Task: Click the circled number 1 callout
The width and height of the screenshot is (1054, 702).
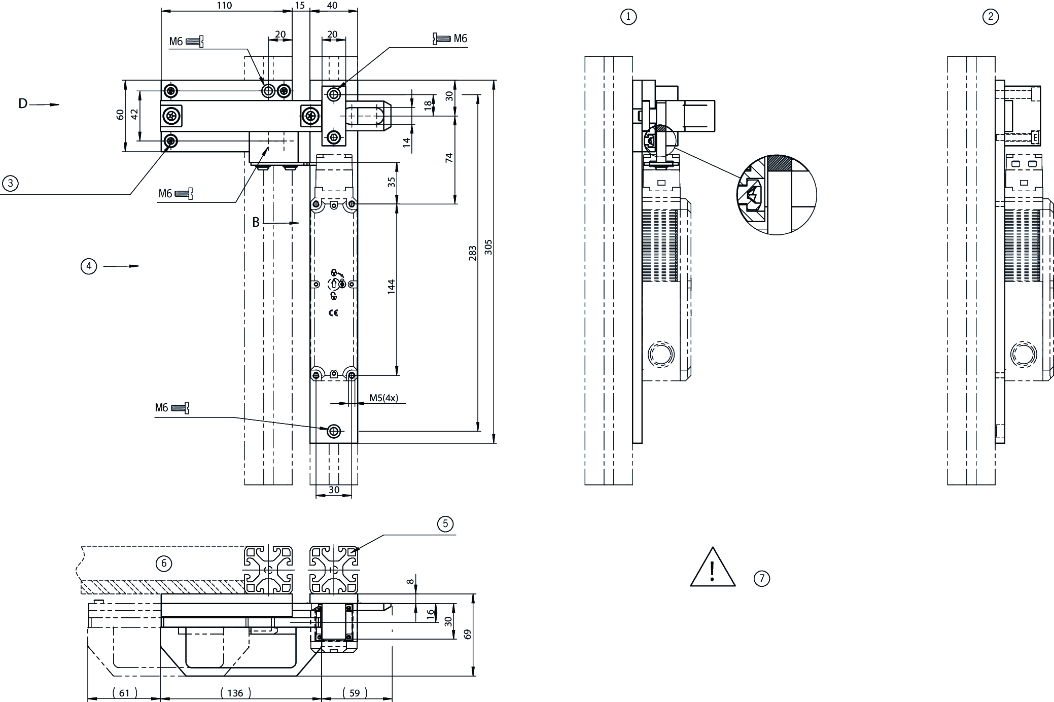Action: click(x=628, y=17)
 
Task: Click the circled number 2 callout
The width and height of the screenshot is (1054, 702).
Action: click(x=991, y=17)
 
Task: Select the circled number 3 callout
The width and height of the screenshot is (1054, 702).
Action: click(x=10, y=183)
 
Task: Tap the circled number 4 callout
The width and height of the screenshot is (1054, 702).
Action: click(x=89, y=266)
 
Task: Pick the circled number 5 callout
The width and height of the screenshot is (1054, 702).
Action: click(x=445, y=523)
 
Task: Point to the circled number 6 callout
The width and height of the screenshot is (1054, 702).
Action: click(x=163, y=564)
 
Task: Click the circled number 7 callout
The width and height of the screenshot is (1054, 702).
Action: click(x=762, y=578)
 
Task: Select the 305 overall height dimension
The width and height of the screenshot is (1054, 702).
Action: click(x=488, y=247)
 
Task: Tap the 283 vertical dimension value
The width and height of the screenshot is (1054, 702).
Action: click(x=472, y=253)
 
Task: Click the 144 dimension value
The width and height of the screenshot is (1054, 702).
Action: click(x=391, y=287)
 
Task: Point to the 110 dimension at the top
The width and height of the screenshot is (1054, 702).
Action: click(x=224, y=6)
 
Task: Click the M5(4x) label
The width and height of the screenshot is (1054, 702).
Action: click(x=383, y=398)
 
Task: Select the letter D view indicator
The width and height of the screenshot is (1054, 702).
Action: click(x=23, y=104)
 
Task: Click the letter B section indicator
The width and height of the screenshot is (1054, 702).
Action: click(x=256, y=222)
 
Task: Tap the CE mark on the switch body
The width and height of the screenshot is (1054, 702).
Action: click(x=333, y=313)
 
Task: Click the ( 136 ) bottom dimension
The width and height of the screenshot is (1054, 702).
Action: click(x=235, y=693)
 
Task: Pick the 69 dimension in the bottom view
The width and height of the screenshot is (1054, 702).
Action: click(x=467, y=634)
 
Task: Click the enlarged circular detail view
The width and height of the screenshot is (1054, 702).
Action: click(x=777, y=195)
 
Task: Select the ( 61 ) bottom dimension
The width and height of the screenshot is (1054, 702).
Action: click(x=124, y=693)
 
